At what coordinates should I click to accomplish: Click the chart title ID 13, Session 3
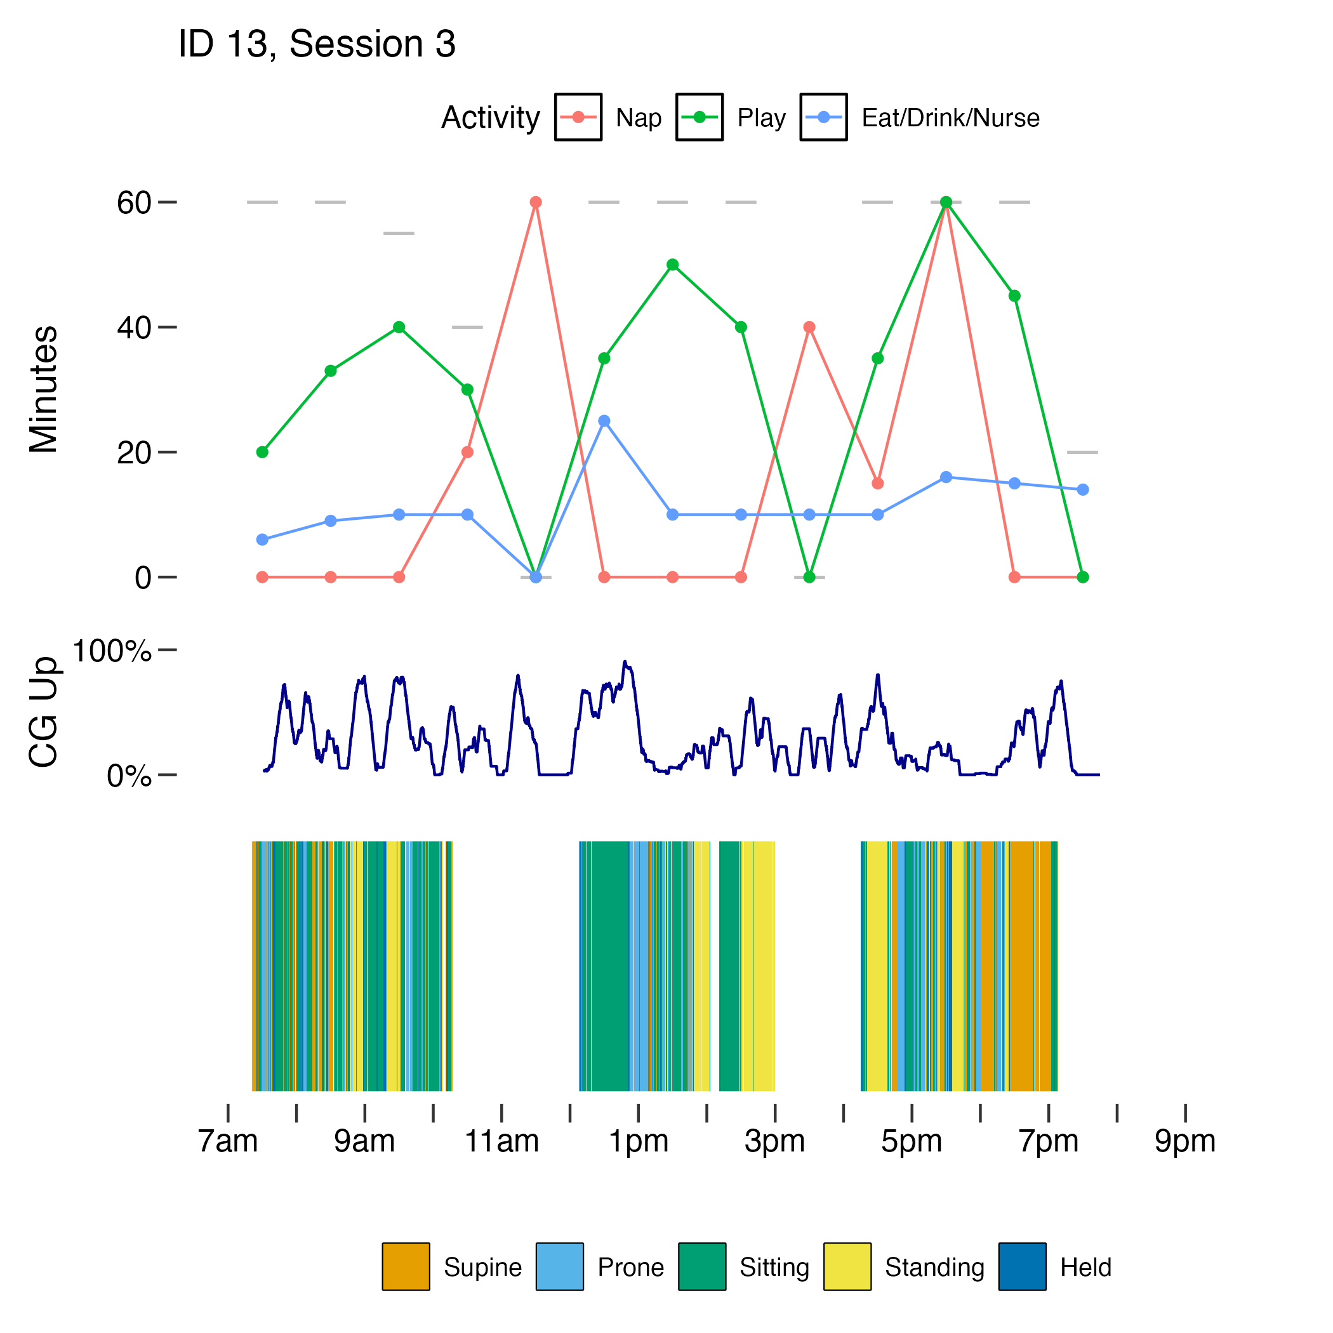tap(317, 45)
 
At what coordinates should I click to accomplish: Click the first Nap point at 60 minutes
tap(535, 202)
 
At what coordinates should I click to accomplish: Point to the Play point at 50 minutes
tap(673, 265)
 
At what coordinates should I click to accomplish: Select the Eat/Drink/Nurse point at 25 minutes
tap(604, 421)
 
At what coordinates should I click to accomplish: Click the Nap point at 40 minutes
tap(809, 327)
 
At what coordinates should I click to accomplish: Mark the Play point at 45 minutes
tap(1014, 296)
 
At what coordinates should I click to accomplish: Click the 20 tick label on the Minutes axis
tap(134, 453)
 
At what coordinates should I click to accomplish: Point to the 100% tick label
tap(111, 651)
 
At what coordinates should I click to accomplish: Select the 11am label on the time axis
tap(501, 1141)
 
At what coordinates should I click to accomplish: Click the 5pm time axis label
tap(912, 1141)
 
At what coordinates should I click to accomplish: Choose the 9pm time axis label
tap(1184, 1141)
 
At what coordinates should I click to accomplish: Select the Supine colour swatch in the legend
tap(406, 1267)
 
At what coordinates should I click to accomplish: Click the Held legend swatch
tap(1022, 1267)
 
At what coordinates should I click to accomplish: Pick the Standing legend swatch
tap(847, 1267)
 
